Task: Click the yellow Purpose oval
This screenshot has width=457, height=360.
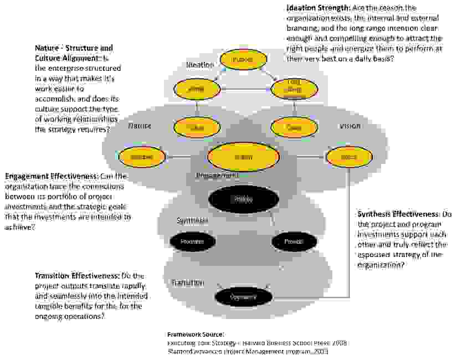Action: (242, 59)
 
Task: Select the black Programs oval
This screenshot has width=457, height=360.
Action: (192, 241)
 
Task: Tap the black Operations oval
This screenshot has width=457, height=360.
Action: (244, 297)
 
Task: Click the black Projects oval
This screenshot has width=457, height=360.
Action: (294, 241)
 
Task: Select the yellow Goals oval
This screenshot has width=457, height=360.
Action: (294, 127)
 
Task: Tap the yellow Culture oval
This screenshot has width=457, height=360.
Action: (196, 127)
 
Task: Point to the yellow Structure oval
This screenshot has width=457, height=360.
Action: (142, 157)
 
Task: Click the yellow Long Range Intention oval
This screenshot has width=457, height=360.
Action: (294, 89)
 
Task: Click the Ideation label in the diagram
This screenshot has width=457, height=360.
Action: (199, 65)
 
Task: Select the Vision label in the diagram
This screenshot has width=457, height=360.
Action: (350, 126)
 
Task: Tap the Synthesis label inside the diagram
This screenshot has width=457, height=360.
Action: (192, 220)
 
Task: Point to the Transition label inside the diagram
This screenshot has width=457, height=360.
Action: (187, 282)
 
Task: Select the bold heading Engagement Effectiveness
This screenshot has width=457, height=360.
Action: (51, 176)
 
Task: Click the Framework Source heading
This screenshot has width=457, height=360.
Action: (196, 335)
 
